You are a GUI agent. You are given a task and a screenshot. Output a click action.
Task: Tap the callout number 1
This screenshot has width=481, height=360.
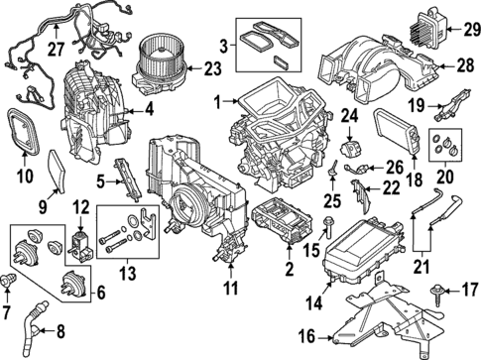[217, 101]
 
